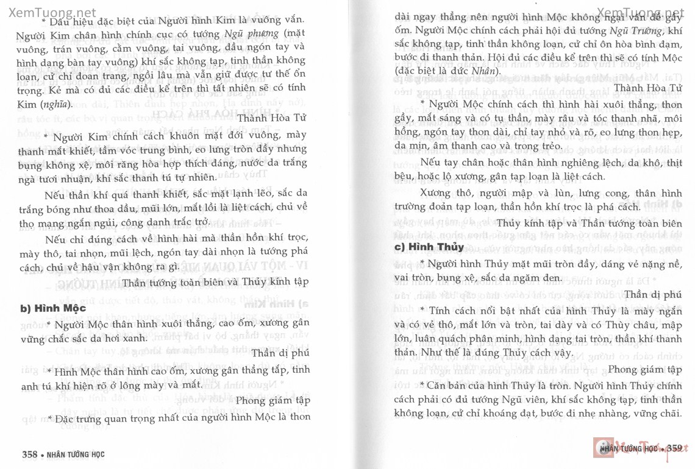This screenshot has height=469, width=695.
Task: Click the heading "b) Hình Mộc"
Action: point(53,308)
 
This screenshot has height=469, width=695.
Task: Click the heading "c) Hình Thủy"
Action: point(429,247)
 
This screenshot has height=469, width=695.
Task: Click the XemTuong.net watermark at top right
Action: point(640,12)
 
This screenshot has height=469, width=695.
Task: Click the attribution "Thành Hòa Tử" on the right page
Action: point(647,88)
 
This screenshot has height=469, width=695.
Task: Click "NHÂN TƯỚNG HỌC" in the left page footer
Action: point(78,454)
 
